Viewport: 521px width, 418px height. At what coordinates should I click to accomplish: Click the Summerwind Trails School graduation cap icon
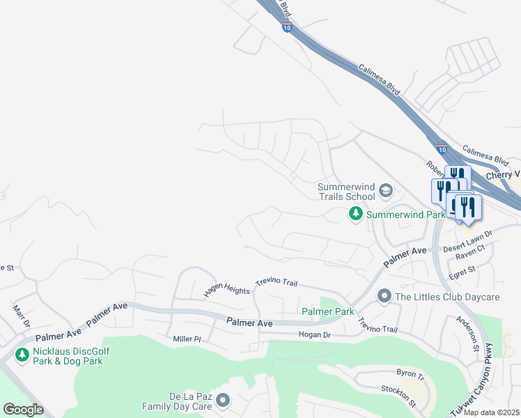click(387, 191)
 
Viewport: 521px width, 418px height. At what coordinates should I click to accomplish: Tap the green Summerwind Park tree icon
click(355, 214)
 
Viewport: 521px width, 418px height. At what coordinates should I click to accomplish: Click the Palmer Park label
click(327, 311)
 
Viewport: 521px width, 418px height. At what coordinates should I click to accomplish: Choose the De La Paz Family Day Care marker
click(223, 400)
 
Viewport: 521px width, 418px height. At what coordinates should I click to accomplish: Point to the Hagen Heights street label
click(226, 288)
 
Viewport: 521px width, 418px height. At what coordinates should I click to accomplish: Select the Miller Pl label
click(187, 339)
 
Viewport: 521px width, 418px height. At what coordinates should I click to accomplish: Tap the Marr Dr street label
click(21, 315)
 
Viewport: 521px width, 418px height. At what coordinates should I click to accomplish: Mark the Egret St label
click(462, 270)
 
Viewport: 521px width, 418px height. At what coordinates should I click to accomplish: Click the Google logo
click(24, 410)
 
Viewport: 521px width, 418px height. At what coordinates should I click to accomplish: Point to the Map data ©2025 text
click(492, 412)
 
